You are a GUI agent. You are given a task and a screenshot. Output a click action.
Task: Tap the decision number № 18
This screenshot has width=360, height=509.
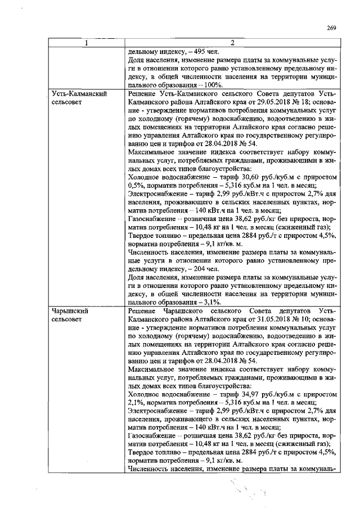point(300,102)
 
